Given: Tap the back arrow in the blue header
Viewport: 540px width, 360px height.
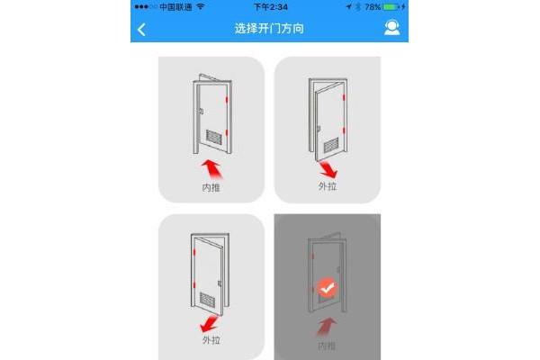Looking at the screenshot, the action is pyautogui.click(x=141, y=30).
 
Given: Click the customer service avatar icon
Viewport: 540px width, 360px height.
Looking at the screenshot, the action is pyautogui.click(x=391, y=28).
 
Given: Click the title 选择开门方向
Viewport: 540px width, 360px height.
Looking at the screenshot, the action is pyautogui.click(x=269, y=28).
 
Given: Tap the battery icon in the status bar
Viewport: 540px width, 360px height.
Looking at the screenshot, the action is pyautogui.click(x=391, y=7).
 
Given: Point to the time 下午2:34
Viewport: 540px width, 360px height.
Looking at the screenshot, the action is pyautogui.click(x=271, y=7).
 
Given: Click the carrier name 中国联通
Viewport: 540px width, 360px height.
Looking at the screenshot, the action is pyautogui.click(x=175, y=7).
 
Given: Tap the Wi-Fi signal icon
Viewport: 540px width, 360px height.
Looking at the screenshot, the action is pyautogui.click(x=201, y=6).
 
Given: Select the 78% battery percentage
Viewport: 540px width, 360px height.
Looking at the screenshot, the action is pyautogui.click(x=373, y=7).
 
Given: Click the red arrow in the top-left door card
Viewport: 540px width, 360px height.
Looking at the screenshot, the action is pyautogui.click(x=211, y=168).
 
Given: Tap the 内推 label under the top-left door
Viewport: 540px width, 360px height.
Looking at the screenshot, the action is pyautogui.click(x=211, y=188).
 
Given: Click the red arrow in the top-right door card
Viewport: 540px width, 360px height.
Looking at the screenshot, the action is pyautogui.click(x=328, y=169).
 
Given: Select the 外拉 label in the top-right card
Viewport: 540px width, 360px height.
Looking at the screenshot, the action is pyautogui.click(x=328, y=186).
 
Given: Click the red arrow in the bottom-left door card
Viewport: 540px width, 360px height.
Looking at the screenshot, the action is pyautogui.click(x=209, y=324).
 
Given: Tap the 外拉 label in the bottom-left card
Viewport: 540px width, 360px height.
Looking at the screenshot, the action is pyautogui.click(x=211, y=340).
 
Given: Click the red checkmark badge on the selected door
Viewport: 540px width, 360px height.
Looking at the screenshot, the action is pyautogui.click(x=328, y=288).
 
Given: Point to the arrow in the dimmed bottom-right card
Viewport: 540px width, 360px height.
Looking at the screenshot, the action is pyautogui.click(x=326, y=327).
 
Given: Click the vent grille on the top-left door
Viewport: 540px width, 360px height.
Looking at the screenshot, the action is pyautogui.click(x=214, y=137).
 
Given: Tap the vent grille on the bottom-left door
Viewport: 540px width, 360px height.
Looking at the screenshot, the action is pyautogui.click(x=208, y=300).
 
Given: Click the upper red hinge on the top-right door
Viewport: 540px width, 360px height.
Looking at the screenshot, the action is pyautogui.click(x=344, y=98).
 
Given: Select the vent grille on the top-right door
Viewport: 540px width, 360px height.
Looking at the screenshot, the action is pyautogui.click(x=331, y=145).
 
